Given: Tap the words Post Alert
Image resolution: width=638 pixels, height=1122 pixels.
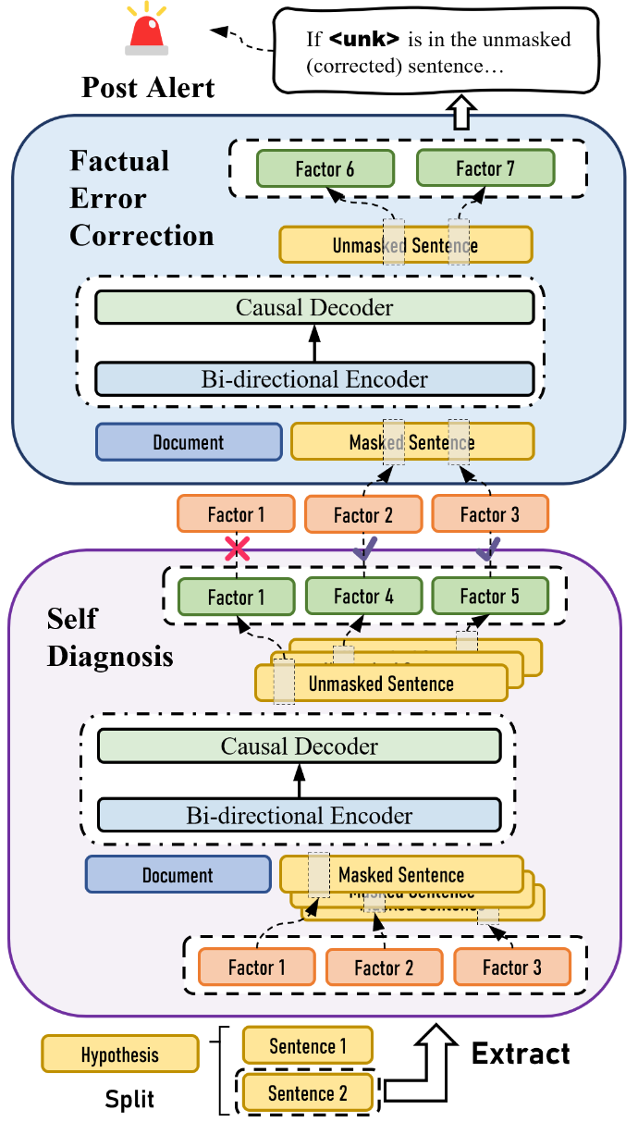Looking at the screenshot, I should coord(148,88).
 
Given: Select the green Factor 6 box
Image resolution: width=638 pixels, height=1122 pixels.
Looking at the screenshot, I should coord(325,168).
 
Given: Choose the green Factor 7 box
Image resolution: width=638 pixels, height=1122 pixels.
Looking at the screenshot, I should coord(485,168).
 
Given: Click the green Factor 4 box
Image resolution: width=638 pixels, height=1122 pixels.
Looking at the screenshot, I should coord(363,597).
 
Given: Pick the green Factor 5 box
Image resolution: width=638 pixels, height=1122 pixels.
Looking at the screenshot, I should coord(489,597).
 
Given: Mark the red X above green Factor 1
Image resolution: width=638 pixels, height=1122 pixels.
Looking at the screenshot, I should coord(238,549).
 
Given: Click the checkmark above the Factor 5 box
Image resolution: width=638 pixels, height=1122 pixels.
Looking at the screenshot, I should coord(485,551).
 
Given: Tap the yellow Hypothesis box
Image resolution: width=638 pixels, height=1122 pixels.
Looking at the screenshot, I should coord(119,1054).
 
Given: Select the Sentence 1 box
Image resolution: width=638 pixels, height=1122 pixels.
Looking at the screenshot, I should coord(307,1046).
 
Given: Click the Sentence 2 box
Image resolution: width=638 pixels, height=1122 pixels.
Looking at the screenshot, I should coord(307,1093).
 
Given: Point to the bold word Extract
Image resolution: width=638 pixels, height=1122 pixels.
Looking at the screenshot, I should coord(521,1053).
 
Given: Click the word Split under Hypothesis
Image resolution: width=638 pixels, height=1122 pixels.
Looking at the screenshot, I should coord(129,1099).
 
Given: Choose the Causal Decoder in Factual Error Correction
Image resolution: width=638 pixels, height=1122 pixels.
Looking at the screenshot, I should coord(314,307).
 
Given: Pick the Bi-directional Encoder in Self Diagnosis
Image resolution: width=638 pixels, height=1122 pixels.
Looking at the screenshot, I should coord(299,815).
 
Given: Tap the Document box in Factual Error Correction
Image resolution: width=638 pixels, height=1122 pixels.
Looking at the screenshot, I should coord(189,442).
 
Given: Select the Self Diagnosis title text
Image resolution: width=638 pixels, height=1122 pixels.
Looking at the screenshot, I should coord(109,637).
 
